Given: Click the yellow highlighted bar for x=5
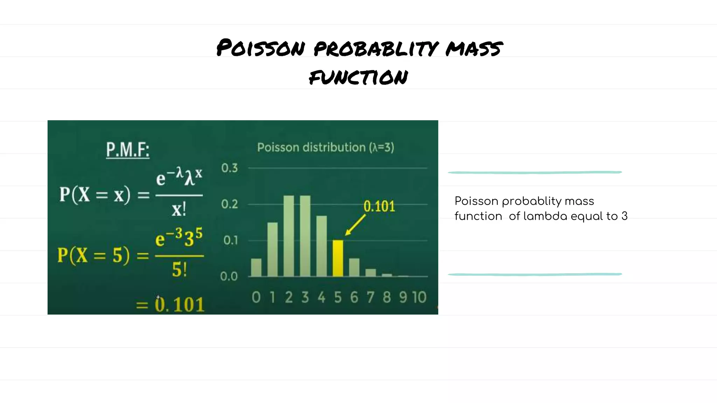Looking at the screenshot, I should pyautogui.click(x=338, y=258).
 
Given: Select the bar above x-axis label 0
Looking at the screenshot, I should pyautogui.click(x=256, y=267).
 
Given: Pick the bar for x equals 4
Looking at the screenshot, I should pyautogui.click(x=321, y=246).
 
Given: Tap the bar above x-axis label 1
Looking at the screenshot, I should pyautogui.click(x=272, y=249).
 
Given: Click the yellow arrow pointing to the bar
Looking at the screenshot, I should pyautogui.click(x=355, y=225).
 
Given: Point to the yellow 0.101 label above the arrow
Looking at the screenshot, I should pyautogui.click(x=379, y=206).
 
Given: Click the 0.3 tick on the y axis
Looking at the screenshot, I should pyautogui.click(x=229, y=168).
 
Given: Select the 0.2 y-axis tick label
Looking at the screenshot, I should pyautogui.click(x=229, y=204).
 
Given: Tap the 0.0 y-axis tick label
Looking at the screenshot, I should pyautogui.click(x=229, y=276).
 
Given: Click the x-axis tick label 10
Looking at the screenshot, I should pyautogui.click(x=419, y=297).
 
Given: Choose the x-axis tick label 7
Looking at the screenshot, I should pyautogui.click(x=370, y=297).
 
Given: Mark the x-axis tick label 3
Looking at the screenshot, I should pyautogui.click(x=305, y=297).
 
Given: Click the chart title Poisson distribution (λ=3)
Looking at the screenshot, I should pyautogui.click(x=326, y=147).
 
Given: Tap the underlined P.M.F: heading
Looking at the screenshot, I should pyautogui.click(x=128, y=150).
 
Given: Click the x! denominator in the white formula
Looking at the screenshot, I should pyautogui.click(x=179, y=210).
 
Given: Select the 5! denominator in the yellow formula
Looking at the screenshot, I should pyautogui.click(x=179, y=270).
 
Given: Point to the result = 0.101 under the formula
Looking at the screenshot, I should pyautogui.click(x=170, y=304).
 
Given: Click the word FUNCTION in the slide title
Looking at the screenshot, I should pyautogui.click(x=358, y=77).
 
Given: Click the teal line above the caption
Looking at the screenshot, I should pyautogui.click(x=535, y=172).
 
